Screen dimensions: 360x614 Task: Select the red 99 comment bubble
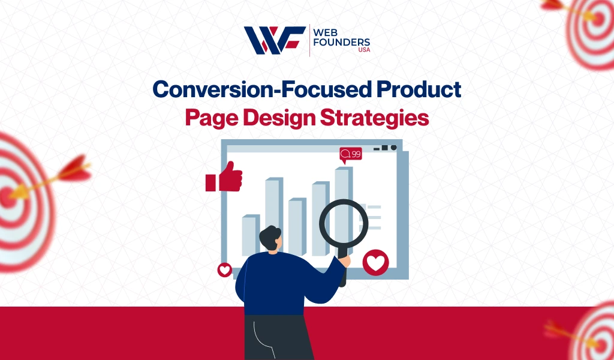pos(351,155)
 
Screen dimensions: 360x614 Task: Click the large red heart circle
pos(376,262)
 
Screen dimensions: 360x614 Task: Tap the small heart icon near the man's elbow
pos(224,270)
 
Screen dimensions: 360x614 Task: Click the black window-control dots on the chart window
pos(385,147)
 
